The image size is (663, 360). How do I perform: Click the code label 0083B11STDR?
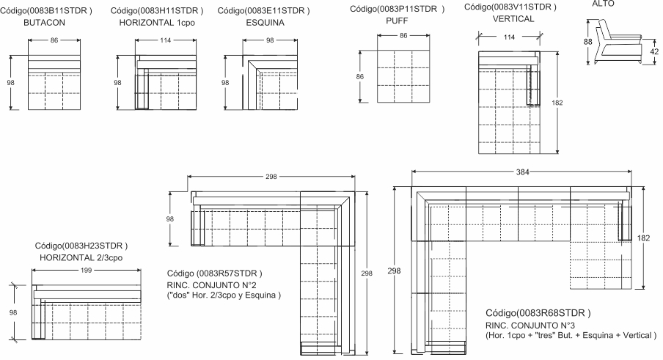tap(45, 10)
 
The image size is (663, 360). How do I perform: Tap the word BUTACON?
tap(45, 23)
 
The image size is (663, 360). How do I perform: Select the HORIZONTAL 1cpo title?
tap(157, 23)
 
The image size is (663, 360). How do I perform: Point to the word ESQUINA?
tap(265, 23)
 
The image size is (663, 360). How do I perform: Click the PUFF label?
tap(397, 21)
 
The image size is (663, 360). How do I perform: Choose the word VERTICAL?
tap(513, 19)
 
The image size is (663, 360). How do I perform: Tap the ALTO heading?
tap(603, 4)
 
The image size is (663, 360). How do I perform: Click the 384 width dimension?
tap(523, 172)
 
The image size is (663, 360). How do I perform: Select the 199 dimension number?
tap(86, 271)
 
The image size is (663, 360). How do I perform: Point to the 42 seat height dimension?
tap(653, 51)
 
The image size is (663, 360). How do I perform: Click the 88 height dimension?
tap(587, 42)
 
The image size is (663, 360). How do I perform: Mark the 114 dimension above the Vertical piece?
tap(509, 37)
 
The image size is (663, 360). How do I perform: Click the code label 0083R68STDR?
tap(538, 313)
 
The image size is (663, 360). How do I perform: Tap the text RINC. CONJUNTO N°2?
tap(211, 285)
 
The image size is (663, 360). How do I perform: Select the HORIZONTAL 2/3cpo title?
tap(81, 258)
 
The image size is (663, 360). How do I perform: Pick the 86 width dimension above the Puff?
tap(403, 36)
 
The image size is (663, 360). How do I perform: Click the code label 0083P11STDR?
tap(397, 9)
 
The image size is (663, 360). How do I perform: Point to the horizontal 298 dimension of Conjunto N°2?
tap(271, 177)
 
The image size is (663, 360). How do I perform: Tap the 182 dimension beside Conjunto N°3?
tap(643, 238)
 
